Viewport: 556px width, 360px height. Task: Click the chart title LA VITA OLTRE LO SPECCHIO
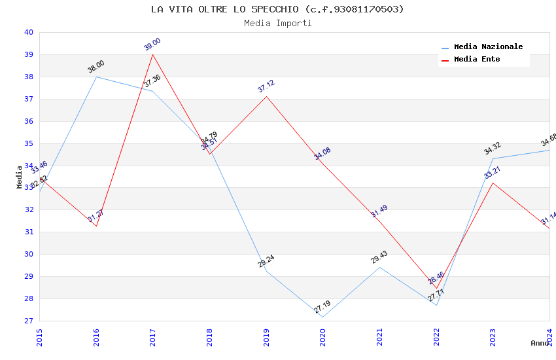click(277, 9)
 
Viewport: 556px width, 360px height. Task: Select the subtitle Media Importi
click(277, 23)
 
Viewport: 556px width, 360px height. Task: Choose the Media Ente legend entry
click(477, 60)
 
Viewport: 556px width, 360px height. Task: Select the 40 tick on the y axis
click(28, 32)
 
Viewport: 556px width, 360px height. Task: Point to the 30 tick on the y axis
click(28, 254)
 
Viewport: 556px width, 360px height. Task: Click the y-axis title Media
click(19, 177)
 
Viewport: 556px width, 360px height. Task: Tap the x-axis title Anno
click(540, 343)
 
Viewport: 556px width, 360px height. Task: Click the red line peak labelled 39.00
click(153, 54)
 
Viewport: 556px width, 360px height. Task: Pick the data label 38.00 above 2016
click(96, 67)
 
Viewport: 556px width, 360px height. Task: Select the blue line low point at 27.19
click(322, 317)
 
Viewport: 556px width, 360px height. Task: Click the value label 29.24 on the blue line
click(266, 262)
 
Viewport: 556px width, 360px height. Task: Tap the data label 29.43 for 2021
click(379, 257)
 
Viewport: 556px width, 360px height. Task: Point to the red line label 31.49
click(379, 211)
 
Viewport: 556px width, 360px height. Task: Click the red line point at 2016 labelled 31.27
click(96, 226)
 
